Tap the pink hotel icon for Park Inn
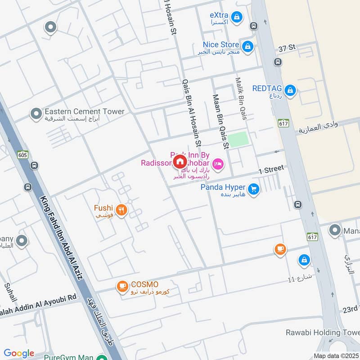[218, 164]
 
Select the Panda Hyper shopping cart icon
[254, 189]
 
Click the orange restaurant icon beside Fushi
[121, 210]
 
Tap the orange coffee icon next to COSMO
[121, 286]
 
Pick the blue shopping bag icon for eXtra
[237, 18]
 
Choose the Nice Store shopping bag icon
[247, 46]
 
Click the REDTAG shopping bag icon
[291, 91]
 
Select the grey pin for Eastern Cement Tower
[36, 114]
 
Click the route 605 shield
[23, 155]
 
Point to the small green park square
[238, 139]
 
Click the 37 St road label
[287, 47]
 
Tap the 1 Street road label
[271, 170]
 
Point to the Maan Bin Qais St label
[221, 121]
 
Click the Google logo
[19, 354]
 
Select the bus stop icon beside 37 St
[278, 62]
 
